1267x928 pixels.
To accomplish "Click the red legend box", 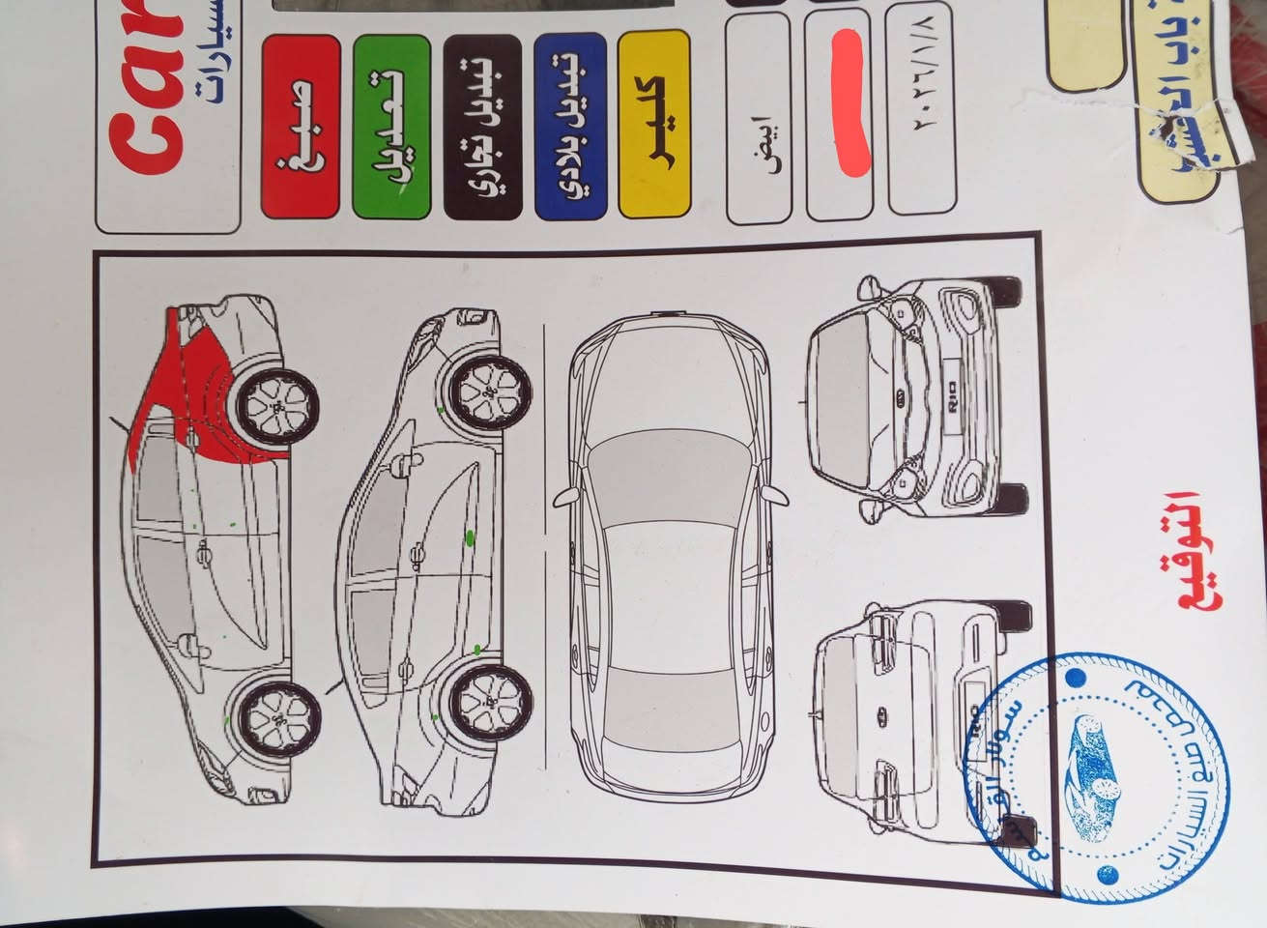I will [301, 125].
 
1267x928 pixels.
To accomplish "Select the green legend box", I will [390, 125].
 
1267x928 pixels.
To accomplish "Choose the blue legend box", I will [568, 125].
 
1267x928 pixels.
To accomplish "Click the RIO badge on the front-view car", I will [953, 397].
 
